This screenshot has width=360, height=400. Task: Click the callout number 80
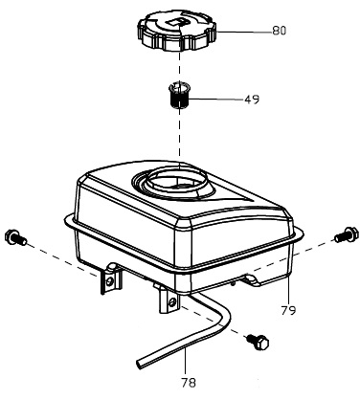[280, 31]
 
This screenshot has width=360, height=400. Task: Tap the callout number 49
[252, 100]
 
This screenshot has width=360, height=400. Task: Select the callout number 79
[288, 310]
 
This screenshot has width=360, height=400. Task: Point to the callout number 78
[189, 383]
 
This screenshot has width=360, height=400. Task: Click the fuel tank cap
[177, 31]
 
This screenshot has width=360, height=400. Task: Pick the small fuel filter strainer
[178, 95]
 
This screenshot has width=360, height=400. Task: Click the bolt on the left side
[15, 237]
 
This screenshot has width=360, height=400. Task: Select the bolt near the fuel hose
[258, 342]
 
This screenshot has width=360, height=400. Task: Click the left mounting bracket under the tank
[109, 278]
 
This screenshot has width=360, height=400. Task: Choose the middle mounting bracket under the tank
[167, 299]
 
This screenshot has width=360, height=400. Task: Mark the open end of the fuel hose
[141, 364]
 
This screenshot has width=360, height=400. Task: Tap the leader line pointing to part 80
[244, 32]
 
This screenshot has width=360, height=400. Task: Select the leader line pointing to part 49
[216, 100]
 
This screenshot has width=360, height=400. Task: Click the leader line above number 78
[186, 362]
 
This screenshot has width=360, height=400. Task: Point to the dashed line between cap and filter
[180, 67]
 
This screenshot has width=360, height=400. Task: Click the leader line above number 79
[288, 290]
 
